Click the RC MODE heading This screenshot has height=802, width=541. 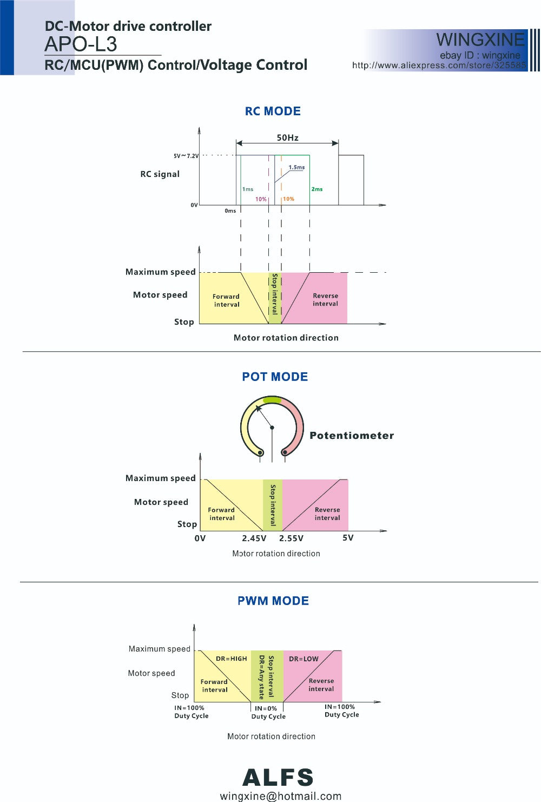click(273, 111)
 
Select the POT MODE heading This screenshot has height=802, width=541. click(275, 377)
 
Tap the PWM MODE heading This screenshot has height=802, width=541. click(273, 601)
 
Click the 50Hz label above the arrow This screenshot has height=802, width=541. click(287, 137)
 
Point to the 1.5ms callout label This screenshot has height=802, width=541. click(296, 167)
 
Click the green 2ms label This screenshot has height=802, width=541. click(316, 189)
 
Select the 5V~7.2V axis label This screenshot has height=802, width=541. click(186, 156)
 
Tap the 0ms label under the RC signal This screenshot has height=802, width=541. click(230, 211)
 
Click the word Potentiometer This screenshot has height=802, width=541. click(352, 436)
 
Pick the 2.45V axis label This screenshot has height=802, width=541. click(254, 538)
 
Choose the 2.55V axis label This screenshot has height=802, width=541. click(291, 538)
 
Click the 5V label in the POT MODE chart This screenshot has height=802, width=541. click(348, 538)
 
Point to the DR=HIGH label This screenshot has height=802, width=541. click(231, 659)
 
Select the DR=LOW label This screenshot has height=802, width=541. click(304, 659)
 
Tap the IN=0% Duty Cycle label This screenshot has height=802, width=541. click(268, 712)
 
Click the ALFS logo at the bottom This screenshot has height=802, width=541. click(278, 778)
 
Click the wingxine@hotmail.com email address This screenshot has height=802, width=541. click(280, 796)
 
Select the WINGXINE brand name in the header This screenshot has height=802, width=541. click(480, 40)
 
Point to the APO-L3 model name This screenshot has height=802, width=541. click(81, 44)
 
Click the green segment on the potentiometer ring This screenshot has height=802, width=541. click(272, 400)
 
